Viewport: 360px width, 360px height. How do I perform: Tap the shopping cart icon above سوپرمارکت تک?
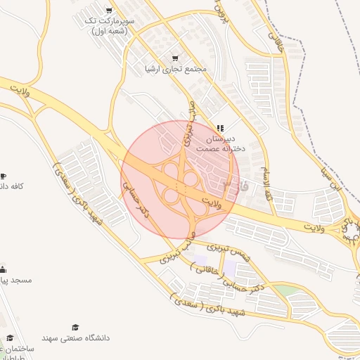coord(108,10)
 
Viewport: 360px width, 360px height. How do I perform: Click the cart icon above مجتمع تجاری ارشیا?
coord(175,58)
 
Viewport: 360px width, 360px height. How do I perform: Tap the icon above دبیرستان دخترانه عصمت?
coord(221,128)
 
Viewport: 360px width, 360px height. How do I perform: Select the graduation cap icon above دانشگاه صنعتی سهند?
coord(76,327)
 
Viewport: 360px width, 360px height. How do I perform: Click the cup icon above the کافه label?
coord(3,175)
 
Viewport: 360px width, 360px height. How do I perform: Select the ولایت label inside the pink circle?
coord(211,202)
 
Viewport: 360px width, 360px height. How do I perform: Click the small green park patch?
coord(285,290)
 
